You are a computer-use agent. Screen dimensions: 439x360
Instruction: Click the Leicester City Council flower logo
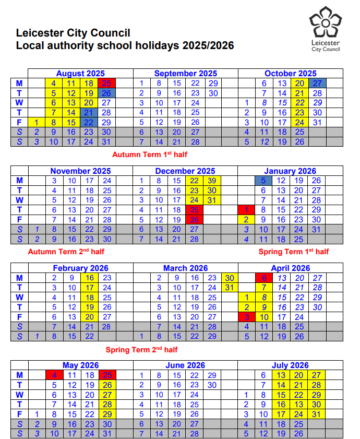click(325, 23)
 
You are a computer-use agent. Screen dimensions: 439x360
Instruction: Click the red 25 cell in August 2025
click(106, 84)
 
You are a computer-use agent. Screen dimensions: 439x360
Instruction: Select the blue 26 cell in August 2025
click(106, 93)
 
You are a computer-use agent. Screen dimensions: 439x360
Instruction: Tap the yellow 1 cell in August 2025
click(37, 122)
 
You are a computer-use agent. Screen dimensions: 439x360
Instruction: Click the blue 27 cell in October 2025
click(317, 84)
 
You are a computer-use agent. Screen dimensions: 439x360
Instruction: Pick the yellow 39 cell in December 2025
click(212, 181)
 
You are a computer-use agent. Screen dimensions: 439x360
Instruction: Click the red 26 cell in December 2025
click(194, 220)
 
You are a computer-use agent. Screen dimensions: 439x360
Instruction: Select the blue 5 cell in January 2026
click(264, 181)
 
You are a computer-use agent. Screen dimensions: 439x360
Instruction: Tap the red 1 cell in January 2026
click(246, 210)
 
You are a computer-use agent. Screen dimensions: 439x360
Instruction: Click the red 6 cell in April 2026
click(264, 278)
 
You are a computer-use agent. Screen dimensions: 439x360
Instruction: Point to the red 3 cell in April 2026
click(246, 317)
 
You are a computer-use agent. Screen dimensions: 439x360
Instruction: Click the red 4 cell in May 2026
click(54, 375)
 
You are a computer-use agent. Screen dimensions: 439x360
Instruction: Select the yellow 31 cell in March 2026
click(229, 288)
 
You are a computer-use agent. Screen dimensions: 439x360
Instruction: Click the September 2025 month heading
click(185, 74)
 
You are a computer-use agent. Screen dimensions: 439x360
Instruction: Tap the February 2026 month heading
click(80, 268)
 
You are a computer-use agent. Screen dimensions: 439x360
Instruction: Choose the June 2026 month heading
click(185, 365)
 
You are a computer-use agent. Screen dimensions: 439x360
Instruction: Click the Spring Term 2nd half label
click(141, 350)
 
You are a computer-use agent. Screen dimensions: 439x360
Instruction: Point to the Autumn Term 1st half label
click(149, 155)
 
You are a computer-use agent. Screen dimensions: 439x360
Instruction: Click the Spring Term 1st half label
click(294, 252)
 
